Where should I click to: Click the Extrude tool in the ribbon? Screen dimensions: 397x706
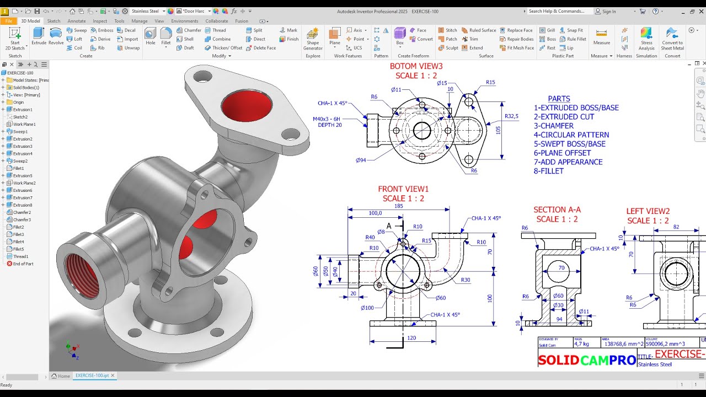click(39, 36)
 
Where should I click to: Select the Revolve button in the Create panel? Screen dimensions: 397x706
click(56, 36)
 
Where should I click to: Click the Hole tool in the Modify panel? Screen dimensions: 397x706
click(151, 36)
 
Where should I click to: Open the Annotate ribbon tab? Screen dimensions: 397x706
click(77, 21)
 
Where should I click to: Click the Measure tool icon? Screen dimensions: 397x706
click(601, 36)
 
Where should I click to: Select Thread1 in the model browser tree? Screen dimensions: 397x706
click(20, 256)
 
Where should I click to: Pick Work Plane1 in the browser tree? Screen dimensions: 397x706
click(24, 124)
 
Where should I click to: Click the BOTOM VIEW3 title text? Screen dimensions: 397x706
click(416, 66)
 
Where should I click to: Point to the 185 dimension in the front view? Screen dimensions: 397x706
click(398, 206)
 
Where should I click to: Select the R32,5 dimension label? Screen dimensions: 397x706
click(511, 116)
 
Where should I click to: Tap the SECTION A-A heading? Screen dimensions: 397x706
click(557, 210)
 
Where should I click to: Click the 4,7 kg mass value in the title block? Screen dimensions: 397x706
click(582, 344)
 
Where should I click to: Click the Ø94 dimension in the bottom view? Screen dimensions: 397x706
click(361, 160)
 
